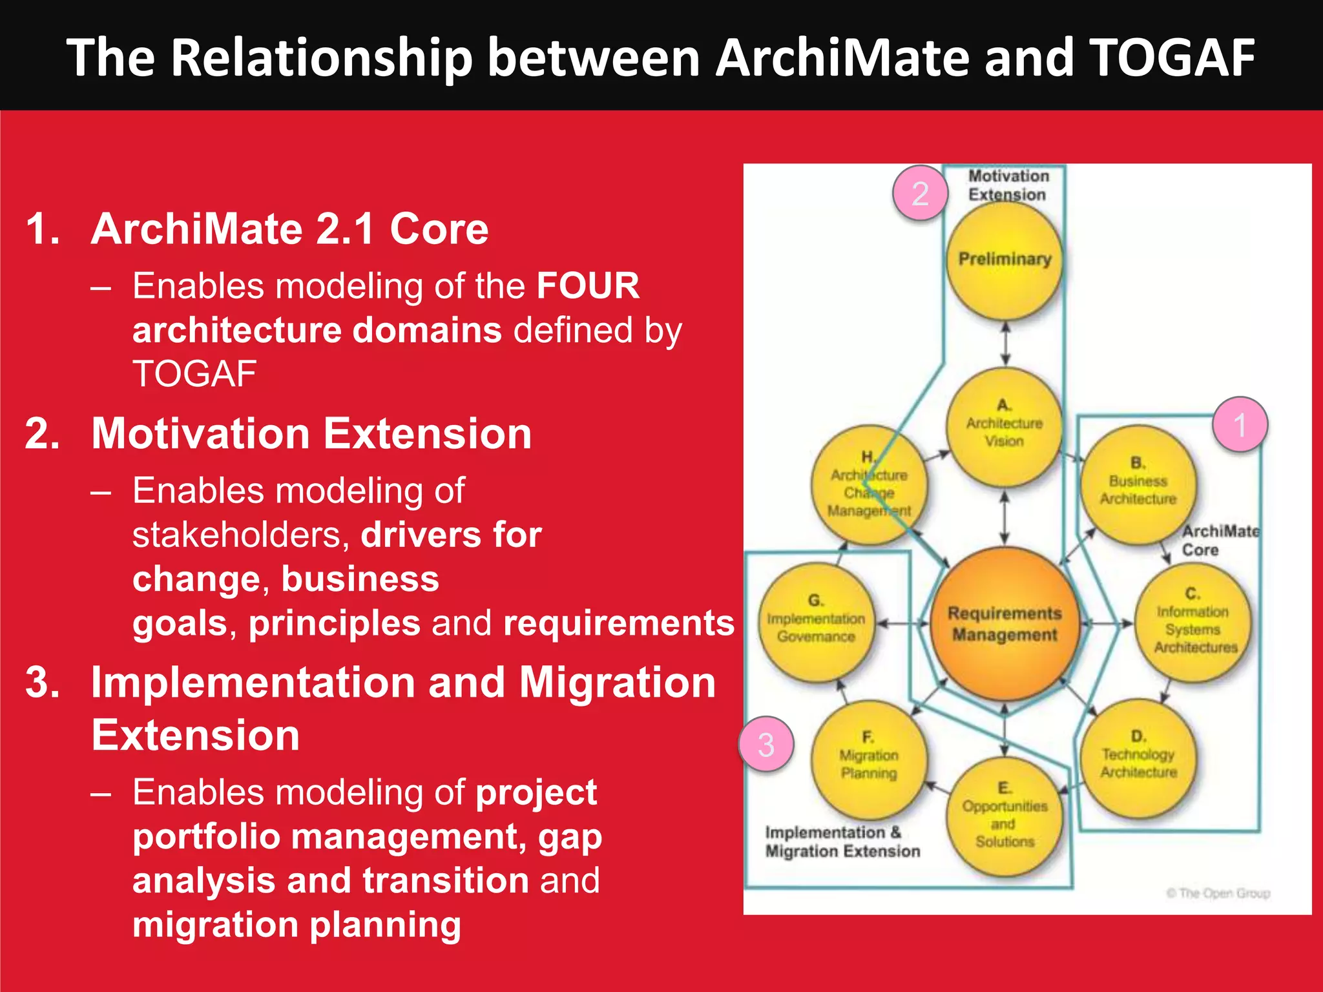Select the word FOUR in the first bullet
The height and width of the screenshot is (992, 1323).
click(x=587, y=286)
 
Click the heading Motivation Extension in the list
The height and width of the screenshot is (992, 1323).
click(x=311, y=433)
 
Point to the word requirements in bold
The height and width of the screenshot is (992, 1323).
click(x=618, y=623)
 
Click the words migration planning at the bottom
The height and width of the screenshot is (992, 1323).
click(x=297, y=924)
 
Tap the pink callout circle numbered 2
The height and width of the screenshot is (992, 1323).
click(x=920, y=193)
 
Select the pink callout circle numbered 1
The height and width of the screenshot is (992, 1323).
click(x=1240, y=424)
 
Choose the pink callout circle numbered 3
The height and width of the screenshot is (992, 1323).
click(x=766, y=745)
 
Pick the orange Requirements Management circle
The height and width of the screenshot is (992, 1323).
click(x=1005, y=624)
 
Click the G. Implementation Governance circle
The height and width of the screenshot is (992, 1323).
click(x=816, y=620)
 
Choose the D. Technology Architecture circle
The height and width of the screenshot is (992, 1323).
click(x=1138, y=756)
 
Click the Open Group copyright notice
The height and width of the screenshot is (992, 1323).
click(x=1218, y=893)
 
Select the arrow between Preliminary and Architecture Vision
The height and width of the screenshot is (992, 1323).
click(x=1005, y=344)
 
